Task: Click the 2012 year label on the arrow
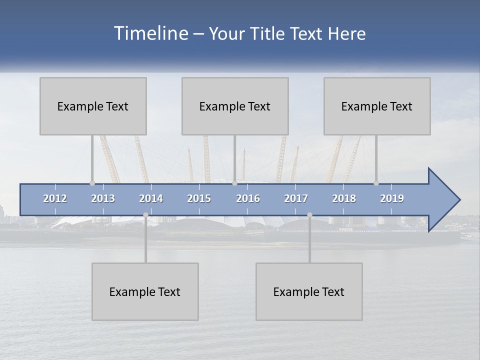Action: [x=55, y=198]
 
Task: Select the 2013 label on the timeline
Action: [x=103, y=198]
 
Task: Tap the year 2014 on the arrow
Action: [x=151, y=198]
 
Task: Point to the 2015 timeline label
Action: [x=199, y=198]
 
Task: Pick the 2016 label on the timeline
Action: [x=248, y=198]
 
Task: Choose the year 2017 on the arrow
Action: [x=296, y=198]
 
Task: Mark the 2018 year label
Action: [x=344, y=198]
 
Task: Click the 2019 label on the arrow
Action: [x=392, y=198]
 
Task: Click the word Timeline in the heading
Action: [x=150, y=33]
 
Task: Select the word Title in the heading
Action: [x=269, y=34]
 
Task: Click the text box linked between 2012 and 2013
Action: [x=93, y=106]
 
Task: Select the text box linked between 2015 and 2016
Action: [x=235, y=106]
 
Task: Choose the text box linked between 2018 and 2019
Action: [x=377, y=106]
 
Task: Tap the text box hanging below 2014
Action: [x=145, y=291]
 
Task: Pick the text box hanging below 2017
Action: [x=309, y=291]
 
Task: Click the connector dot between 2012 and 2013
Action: [x=92, y=183]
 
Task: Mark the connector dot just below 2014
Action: [x=145, y=215]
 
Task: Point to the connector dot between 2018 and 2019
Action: [x=376, y=183]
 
